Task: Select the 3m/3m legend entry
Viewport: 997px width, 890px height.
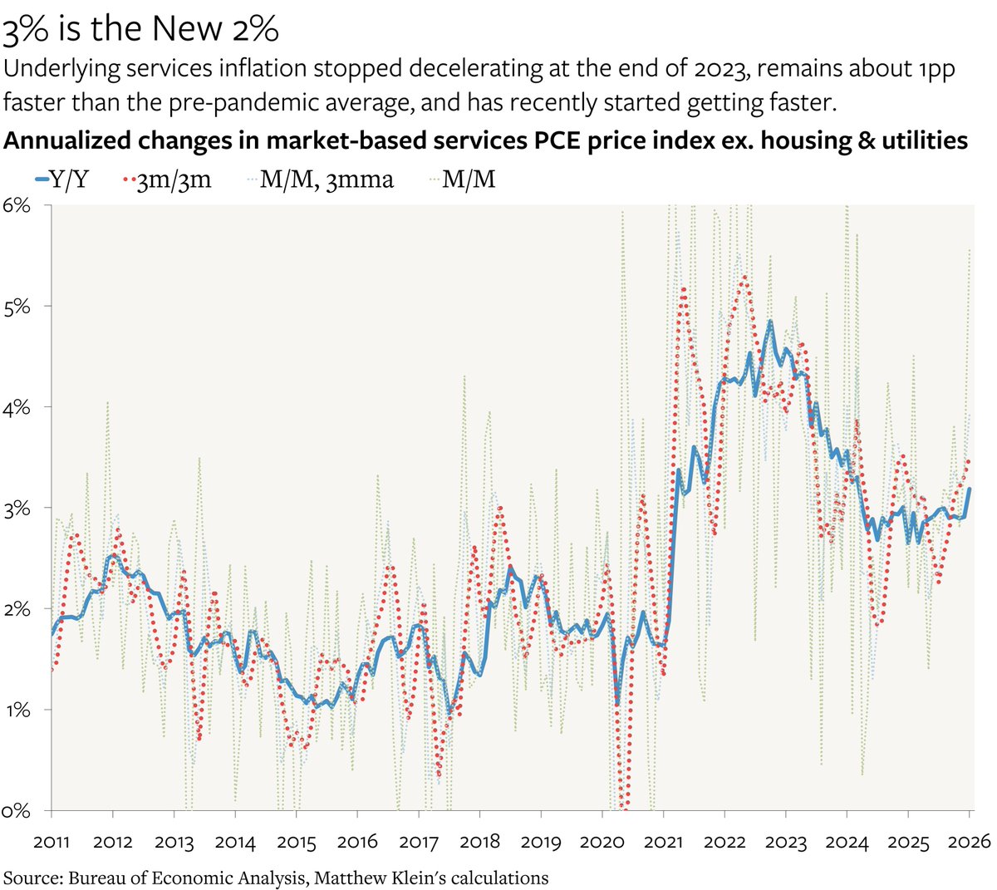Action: click(x=167, y=179)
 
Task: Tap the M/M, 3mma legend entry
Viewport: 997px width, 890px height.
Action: click(x=320, y=179)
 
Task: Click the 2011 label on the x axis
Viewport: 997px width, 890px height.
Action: click(x=52, y=841)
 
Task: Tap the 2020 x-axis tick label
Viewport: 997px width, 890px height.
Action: click(x=602, y=841)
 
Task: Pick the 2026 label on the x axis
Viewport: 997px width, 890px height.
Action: click(x=969, y=841)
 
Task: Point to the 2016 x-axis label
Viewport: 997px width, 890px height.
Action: click(x=357, y=841)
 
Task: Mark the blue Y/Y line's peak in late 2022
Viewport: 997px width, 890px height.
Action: click(x=769, y=321)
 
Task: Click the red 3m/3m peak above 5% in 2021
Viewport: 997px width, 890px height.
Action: click(x=683, y=289)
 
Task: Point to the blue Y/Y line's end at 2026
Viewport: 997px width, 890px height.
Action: click(x=970, y=489)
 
